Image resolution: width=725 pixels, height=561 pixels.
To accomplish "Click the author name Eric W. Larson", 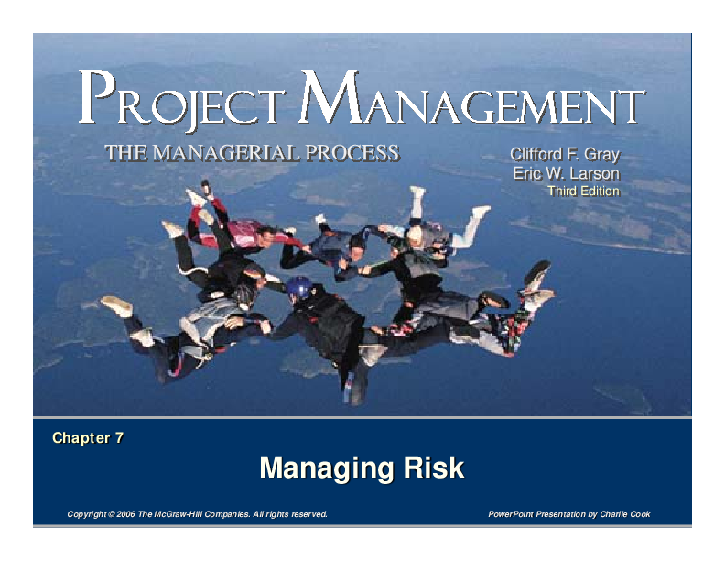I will coord(567,173).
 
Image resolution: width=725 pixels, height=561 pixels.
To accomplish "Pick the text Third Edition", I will coord(583,192).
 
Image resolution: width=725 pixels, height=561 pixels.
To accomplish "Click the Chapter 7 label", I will coord(88,438).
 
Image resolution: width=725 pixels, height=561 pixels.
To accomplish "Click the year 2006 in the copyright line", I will coord(123,514).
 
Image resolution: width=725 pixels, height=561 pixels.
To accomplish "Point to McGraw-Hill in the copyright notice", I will coord(179,514).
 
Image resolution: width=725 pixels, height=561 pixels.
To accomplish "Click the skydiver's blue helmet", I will coord(298,288).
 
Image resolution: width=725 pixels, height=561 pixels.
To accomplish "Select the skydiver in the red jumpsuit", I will coord(240,234).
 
